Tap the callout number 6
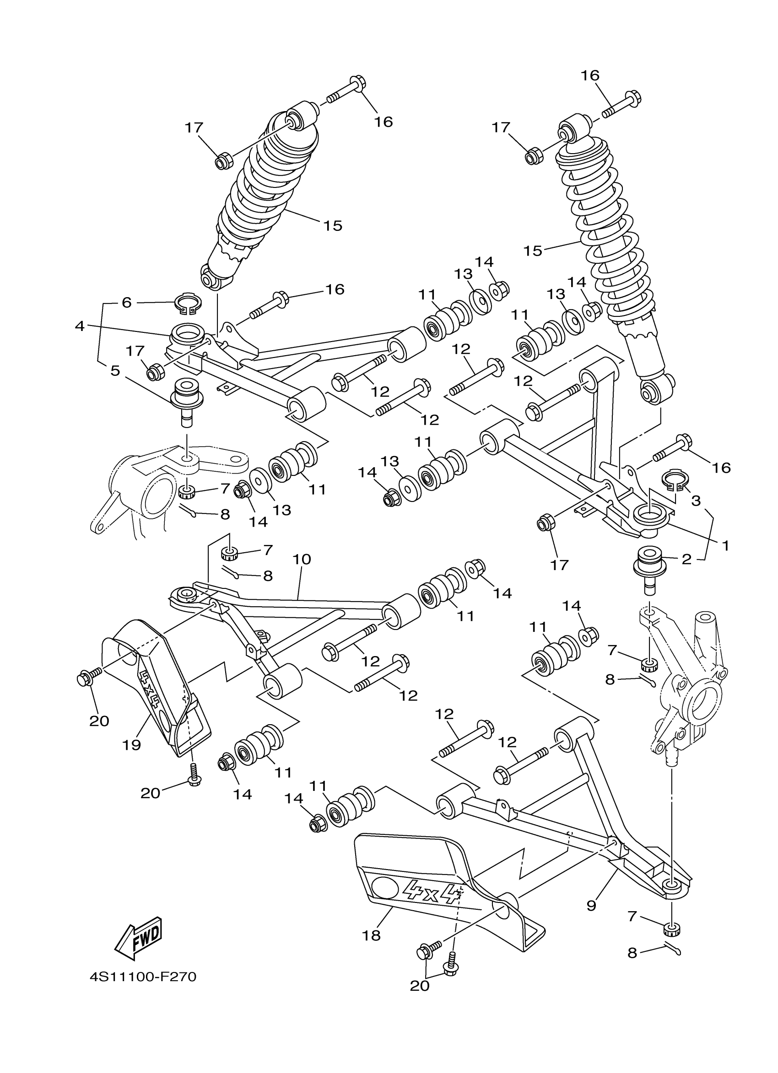(126, 302)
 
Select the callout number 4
(80, 326)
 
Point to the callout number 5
(115, 370)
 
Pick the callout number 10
(302, 559)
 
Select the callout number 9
(591, 906)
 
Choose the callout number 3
(696, 501)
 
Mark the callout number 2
(686, 560)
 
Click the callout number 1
(725, 545)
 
